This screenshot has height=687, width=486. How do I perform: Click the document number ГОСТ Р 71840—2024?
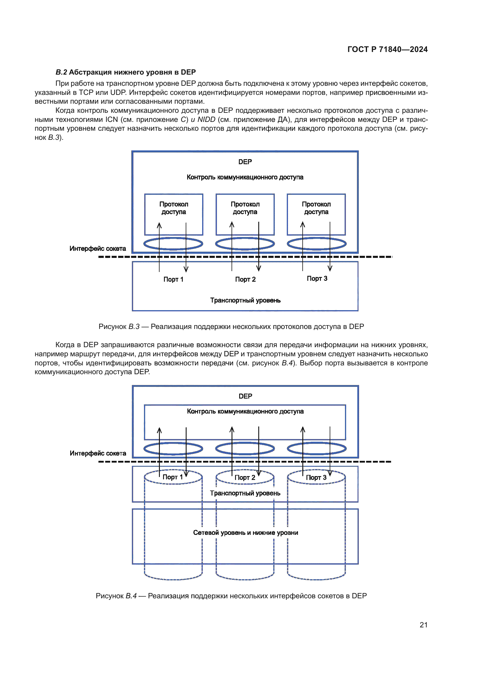click(387, 49)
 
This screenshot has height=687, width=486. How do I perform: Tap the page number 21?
click(423, 625)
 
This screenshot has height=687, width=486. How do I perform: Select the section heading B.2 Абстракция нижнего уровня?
click(126, 72)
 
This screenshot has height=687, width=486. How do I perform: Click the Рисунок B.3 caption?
click(231, 326)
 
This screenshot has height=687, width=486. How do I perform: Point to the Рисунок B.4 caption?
click(231, 596)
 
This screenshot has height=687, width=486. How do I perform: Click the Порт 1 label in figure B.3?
click(173, 279)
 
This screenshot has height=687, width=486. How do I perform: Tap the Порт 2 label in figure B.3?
click(245, 279)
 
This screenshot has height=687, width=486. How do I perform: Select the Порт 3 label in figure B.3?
click(317, 278)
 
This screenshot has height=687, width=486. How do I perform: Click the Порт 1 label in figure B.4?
click(172, 477)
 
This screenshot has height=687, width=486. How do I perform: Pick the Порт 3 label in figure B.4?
click(316, 478)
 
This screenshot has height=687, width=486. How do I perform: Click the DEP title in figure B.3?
click(245, 162)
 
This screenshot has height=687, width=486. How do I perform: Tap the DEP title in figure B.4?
click(245, 396)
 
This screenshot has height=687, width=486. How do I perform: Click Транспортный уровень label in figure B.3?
click(245, 300)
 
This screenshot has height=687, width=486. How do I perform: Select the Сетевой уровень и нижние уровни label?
click(245, 533)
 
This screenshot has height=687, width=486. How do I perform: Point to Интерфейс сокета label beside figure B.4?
click(98, 453)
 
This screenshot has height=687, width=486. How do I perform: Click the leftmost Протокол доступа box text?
click(174, 208)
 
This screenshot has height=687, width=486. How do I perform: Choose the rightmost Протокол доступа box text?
click(316, 208)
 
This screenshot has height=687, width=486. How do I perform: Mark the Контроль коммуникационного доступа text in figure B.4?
click(245, 411)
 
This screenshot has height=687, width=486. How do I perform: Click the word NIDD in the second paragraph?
click(206, 120)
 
